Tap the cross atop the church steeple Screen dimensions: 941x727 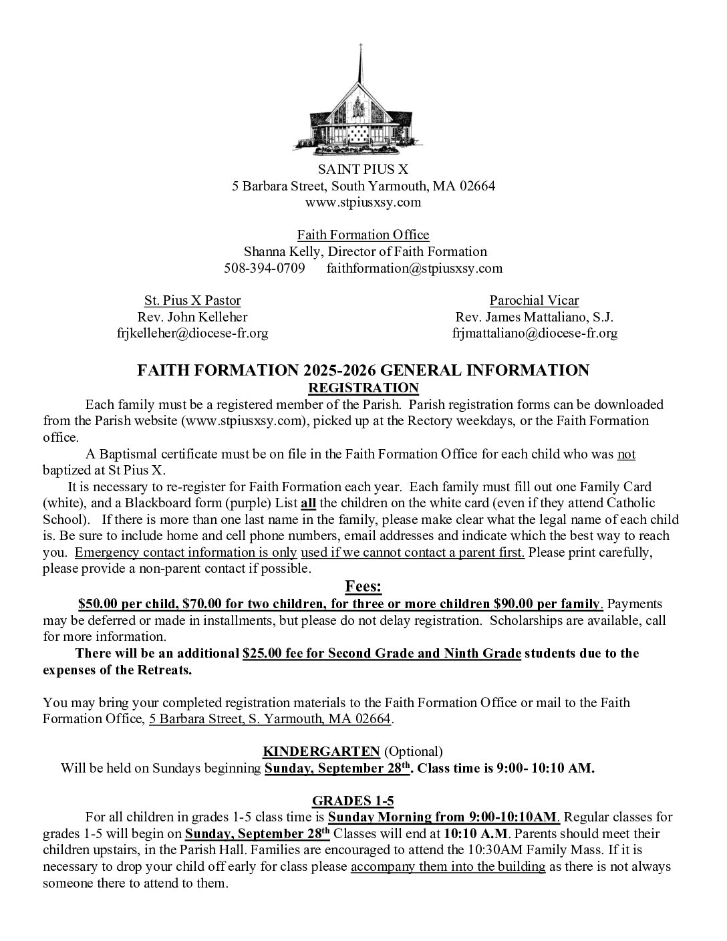[361, 48]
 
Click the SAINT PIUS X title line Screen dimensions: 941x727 [363, 169]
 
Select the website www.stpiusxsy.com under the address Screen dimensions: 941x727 [363, 202]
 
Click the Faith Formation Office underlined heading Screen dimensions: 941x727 [363, 235]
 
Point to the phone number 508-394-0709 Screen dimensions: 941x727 [265, 268]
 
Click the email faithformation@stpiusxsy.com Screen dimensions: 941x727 [414, 268]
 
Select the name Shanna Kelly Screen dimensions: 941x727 [273, 251]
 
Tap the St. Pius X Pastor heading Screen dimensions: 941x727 [192, 300]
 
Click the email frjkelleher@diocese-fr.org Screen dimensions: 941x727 [192, 333]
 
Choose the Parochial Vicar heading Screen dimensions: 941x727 [534, 300]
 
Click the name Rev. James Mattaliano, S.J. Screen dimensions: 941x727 [534, 317]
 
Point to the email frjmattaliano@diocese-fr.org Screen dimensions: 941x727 [535, 333]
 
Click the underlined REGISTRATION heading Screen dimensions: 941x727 [363, 388]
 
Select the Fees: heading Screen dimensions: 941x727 [363, 587]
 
